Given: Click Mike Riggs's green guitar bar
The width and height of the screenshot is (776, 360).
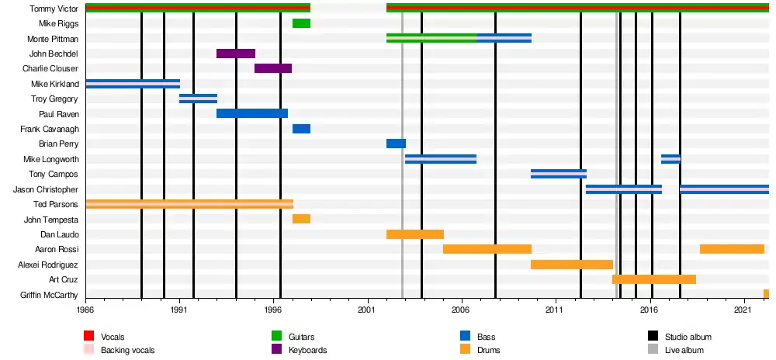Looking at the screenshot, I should (x=301, y=23).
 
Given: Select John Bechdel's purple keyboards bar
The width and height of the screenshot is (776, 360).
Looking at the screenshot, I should (x=236, y=54).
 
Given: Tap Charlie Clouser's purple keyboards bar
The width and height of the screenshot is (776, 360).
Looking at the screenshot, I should (x=273, y=68).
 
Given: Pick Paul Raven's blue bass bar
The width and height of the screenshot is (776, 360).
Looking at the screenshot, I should (x=252, y=113).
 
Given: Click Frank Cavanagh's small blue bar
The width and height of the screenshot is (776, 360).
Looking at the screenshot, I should (x=301, y=129).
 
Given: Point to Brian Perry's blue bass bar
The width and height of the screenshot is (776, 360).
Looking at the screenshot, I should (x=396, y=144).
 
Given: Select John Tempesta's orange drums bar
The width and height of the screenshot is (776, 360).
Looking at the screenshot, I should (x=301, y=219).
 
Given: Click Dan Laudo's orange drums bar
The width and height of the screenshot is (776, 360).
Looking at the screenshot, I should (x=415, y=234).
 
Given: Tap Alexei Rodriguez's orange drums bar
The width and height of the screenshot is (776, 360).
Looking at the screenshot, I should (x=572, y=265).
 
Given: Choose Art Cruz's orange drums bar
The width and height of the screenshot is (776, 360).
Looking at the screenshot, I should (x=654, y=279).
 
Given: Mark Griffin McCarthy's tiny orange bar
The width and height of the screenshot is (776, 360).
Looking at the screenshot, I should (x=766, y=294).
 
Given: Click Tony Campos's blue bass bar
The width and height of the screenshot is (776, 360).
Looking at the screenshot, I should (x=559, y=174).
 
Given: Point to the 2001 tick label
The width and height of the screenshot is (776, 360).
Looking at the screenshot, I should (x=367, y=309).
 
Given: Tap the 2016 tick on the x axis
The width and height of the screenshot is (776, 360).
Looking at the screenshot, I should (x=650, y=309).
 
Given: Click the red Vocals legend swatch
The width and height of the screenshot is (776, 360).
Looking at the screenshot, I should (x=89, y=337).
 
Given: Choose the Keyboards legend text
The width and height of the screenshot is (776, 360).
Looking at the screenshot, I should (x=307, y=351).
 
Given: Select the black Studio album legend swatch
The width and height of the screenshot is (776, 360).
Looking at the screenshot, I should (x=653, y=337).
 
